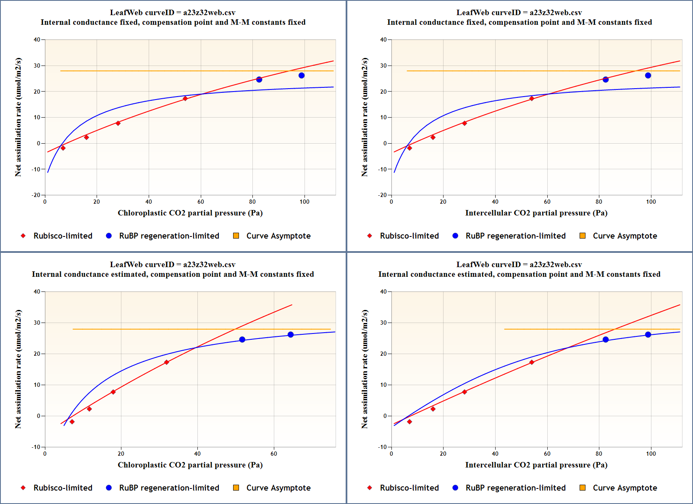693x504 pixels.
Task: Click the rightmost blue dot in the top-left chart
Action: click(x=302, y=76)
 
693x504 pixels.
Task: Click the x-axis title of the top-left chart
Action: click(x=190, y=213)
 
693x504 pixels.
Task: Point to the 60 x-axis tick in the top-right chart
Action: click(x=547, y=202)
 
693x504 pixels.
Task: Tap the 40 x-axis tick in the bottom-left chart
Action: click(x=197, y=454)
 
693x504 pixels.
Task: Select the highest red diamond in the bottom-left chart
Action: click(x=167, y=362)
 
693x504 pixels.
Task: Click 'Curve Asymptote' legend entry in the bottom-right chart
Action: click(x=625, y=488)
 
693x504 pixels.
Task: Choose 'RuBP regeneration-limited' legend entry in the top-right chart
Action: click(x=515, y=236)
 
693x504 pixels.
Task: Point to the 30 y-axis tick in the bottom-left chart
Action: click(x=37, y=323)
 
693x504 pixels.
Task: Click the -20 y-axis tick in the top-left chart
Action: click(x=36, y=195)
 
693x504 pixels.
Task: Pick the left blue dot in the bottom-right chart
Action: click(x=606, y=340)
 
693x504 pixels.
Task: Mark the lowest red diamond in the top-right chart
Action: click(x=409, y=148)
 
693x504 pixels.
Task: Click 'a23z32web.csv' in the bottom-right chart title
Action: click(x=556, y=265)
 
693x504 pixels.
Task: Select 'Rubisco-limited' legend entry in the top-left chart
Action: click(x=63, y=236)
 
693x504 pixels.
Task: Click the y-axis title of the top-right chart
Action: click(x=365, y=117)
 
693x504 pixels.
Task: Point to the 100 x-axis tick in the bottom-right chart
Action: click(x=651, y=454)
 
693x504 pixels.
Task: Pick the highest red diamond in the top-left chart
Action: click(x=185, y=99)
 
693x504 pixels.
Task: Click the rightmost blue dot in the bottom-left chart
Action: click(x=291, y=335)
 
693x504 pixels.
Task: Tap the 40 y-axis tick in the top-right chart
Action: click(x=383, y=40)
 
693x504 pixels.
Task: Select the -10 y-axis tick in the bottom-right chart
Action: click(x=382, y=447)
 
